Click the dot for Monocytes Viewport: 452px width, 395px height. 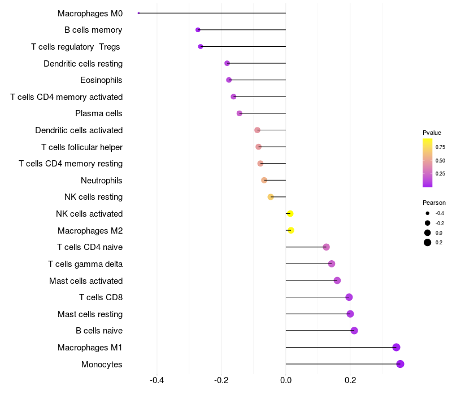coord(400,364)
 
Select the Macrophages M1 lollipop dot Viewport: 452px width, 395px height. coord(396,347)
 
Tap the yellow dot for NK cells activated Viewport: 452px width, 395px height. coord(290,213)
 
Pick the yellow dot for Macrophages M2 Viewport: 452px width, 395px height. coord(290,230)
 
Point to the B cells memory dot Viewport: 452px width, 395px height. coord(198,29)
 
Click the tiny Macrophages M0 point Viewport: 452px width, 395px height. coord(138,13)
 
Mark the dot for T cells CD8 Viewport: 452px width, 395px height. coord(349,297)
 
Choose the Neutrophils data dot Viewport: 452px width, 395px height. coord(264,180)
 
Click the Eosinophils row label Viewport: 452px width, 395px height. coord(101,80)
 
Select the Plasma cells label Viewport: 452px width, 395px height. coord(99,113)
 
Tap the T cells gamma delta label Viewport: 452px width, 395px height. coord(85,264)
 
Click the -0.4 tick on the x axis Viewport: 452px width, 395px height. coord(157,380)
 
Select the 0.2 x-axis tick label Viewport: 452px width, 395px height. coord(350,380)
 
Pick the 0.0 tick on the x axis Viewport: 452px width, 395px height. coord(286,380)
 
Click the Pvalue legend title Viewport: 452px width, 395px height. coord(432,133)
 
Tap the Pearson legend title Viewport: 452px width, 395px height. coord(434,203)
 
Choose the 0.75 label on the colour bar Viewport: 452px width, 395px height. coord(440,147)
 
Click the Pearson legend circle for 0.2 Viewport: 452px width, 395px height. coord(428,243)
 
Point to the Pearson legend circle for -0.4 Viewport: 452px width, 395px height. coord(428,213)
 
